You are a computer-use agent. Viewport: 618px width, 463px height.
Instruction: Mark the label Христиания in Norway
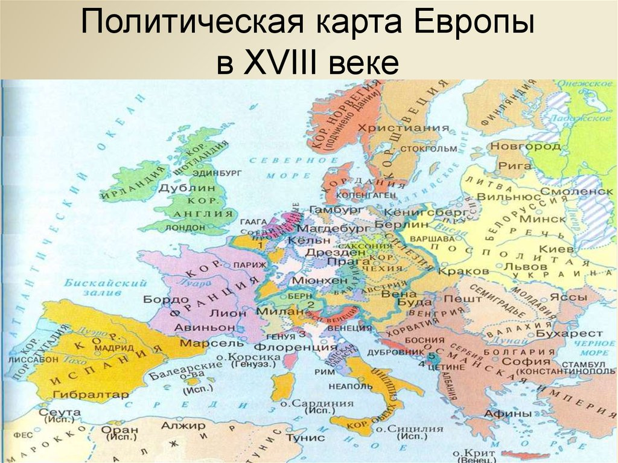click(403, 128)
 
